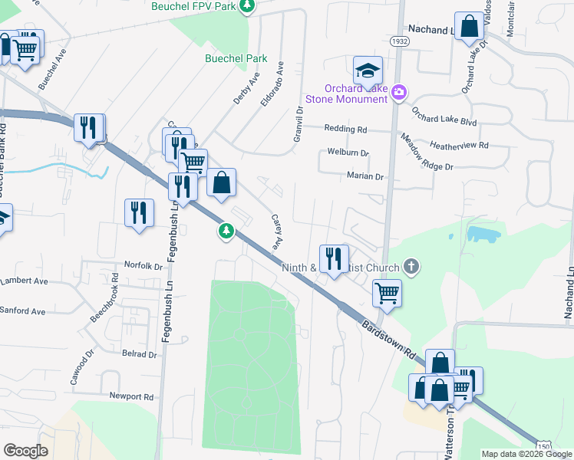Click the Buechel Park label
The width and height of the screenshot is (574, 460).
pos(236,58)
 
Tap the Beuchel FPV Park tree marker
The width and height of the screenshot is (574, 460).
pos(246,7)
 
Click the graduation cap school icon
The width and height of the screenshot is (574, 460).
pos(368,71)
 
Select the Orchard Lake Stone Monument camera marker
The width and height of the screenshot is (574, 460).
pos(398,93)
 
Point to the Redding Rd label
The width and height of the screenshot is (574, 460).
pos(346,129)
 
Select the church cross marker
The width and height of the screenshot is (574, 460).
pos(411,267)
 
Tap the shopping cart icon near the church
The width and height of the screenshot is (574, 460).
pos(388,291)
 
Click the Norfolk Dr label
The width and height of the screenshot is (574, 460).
pos(143,267)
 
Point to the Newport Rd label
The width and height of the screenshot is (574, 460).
pos(131,397)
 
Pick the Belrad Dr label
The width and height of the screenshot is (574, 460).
pos(139,354)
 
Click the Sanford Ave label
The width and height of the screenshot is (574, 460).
pos(23,311)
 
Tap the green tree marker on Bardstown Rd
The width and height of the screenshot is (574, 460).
pos(226,230)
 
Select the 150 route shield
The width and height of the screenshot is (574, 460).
pos(543,446)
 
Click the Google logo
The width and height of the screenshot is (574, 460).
pos(25,451)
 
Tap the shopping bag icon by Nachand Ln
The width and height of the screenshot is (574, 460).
pos(468,27)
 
